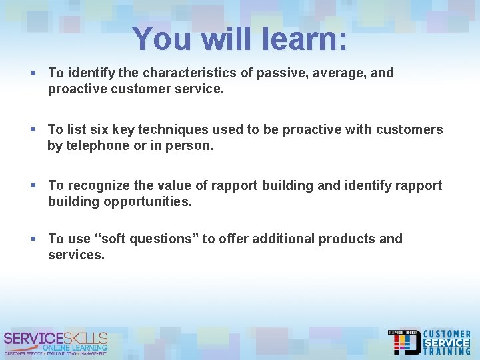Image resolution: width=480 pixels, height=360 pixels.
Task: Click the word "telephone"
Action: tap(95, 145)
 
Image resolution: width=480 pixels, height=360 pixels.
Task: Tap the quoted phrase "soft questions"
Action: tap(141, 239)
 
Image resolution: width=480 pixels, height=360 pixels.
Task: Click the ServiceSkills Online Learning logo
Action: tap(55, 342)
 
